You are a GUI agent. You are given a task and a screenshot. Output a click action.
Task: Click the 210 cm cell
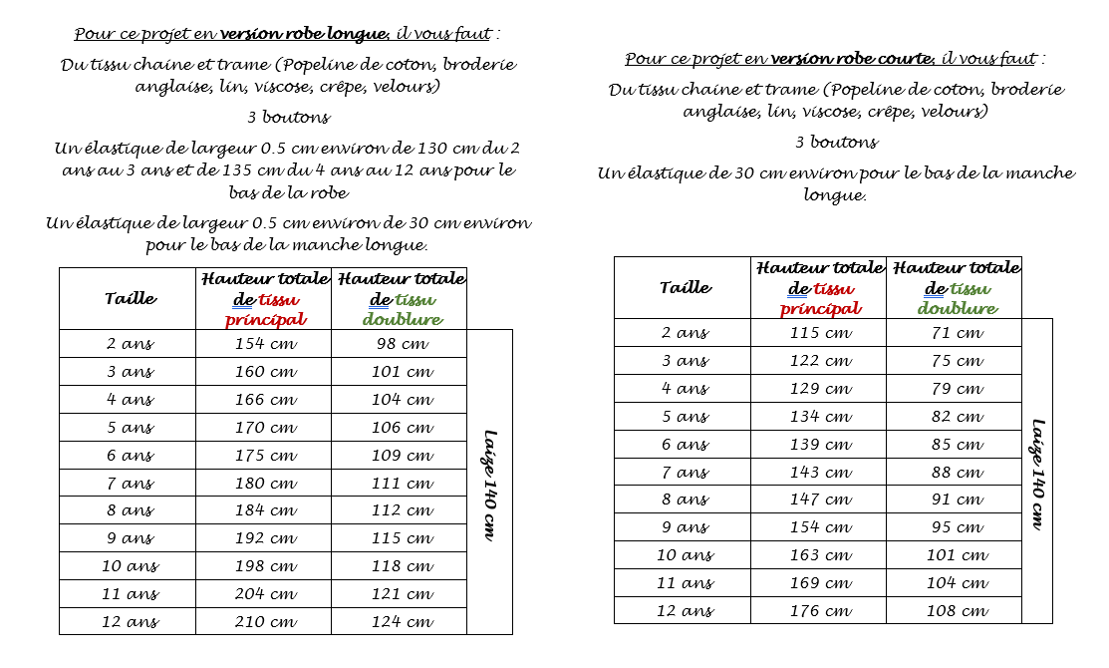point(264,621)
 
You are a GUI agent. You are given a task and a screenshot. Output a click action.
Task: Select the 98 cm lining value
point(401,344)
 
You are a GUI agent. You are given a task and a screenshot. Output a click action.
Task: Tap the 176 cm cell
point(819,610)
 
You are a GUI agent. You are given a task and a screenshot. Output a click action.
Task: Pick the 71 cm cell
point(956,333)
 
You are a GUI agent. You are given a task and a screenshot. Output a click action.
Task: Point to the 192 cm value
point(264,538)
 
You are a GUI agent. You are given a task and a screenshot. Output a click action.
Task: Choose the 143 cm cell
point(819,472)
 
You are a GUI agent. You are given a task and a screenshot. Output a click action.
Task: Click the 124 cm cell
point(401,621)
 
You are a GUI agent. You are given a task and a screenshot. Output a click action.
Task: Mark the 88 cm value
point(956,472)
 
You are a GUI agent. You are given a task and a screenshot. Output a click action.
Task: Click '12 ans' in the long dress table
point(130,621)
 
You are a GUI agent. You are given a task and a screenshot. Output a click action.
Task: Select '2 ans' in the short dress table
point(685,333)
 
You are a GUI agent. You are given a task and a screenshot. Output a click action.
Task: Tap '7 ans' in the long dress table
point(130,484)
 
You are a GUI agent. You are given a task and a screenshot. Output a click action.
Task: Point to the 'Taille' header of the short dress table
point(685,288)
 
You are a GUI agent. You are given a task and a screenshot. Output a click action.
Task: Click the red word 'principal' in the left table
point(264,320)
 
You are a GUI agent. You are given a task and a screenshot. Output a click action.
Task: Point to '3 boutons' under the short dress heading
point(836,142)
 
